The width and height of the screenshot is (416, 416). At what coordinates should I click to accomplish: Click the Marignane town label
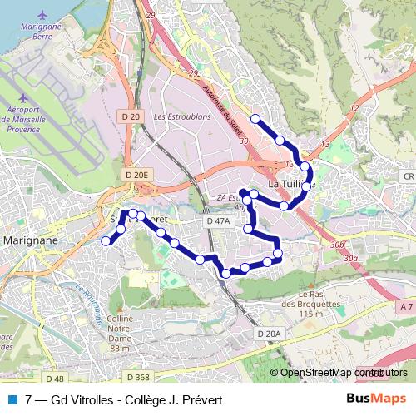[30, 240]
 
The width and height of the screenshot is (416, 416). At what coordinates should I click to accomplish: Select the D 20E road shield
[136, 175]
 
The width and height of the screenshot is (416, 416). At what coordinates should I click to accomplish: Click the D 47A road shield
[217, 222]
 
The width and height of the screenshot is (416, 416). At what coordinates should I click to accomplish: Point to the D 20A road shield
[270, 334]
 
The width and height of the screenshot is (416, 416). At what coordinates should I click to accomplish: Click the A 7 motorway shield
[404, 308]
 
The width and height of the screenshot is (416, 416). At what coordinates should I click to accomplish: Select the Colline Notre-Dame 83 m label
[120, 333]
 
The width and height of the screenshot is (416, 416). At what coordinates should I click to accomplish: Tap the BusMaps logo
[376, 399]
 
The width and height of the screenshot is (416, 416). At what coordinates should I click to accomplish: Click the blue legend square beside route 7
[12, 399]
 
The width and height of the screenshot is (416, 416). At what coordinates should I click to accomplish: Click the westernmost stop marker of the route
[106, 241]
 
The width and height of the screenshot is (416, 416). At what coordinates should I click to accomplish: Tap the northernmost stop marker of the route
[255, 119]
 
